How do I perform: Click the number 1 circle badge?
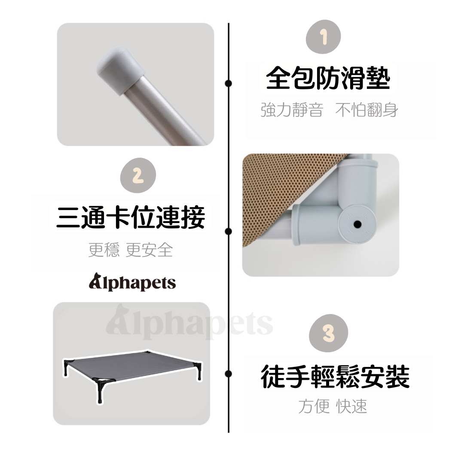point(323,37)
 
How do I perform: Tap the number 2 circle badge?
point(137,176)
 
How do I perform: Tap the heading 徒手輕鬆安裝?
point(335,377)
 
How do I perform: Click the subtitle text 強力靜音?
point(291,110)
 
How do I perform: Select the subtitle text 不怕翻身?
point(366,110)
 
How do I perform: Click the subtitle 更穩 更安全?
point(131,250)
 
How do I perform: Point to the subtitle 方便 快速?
point(333,406)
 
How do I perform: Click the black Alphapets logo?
point(132,283)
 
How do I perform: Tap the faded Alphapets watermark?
point(189,324)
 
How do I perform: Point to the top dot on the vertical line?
point(229,83)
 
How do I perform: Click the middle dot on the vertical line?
point(229,232)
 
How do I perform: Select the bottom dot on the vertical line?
point(229,374)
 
